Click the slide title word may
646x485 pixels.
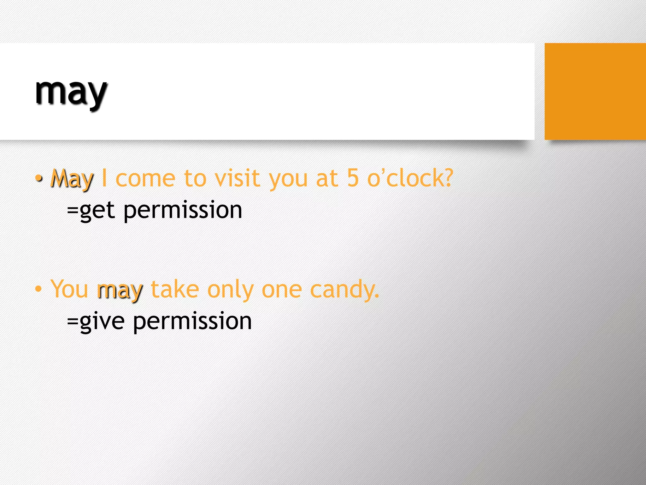pyautogui.click(x=71, y=93)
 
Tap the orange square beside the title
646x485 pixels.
pyautogui.click(x=595, y=91)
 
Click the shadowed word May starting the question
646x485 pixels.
pyautogui.click(x=72, y=179)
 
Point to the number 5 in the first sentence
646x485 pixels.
pyautogui.click(x=353, y=178)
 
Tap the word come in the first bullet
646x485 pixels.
pyautogui.click(x=145, y=179)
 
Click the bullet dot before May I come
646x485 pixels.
pyautogui.click(x=38, y=179)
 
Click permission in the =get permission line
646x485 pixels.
pyautogui.click(x=183, y=211)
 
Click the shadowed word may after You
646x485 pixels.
pyautogui.click(x=120, y=290)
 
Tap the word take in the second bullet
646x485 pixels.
pyautogui.click(x=175, y=289)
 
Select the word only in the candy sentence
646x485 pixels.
pyautogui.click(x=230, y=290)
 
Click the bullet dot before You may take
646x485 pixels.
pyautogui.click(x=38, y=289)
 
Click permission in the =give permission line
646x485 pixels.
pyautogui.click(x=192, y=321)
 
